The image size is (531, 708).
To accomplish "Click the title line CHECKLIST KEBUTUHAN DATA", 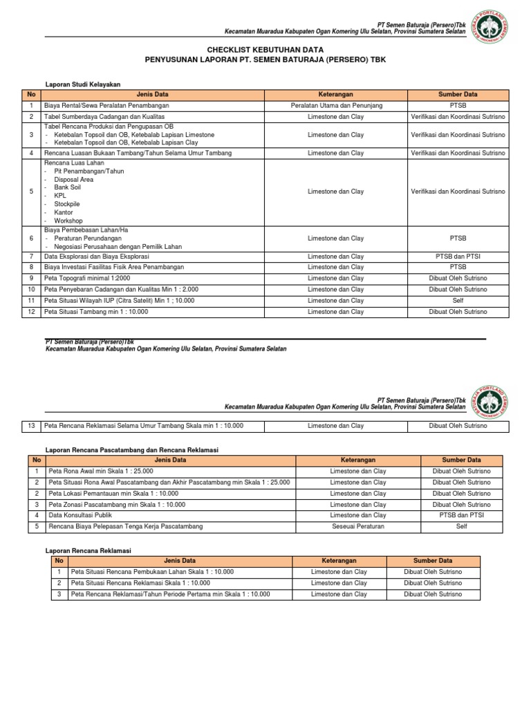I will [265, 50].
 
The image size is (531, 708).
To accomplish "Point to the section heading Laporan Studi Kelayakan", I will [82, 84].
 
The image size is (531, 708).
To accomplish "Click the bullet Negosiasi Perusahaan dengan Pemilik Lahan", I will [114, 247].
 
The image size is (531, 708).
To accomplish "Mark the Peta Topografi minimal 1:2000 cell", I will [87, 279].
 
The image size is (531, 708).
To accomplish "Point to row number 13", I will [31, 426].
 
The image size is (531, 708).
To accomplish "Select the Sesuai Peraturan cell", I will [357, 527].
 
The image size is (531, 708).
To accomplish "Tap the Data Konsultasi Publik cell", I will [80, 515].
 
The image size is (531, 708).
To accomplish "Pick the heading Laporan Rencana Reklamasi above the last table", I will [88, 550].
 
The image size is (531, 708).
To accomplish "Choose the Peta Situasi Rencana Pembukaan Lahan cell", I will [152, 572].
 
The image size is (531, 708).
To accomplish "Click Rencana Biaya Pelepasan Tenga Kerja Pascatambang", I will [126, 527].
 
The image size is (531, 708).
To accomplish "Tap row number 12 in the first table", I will [31, 312].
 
